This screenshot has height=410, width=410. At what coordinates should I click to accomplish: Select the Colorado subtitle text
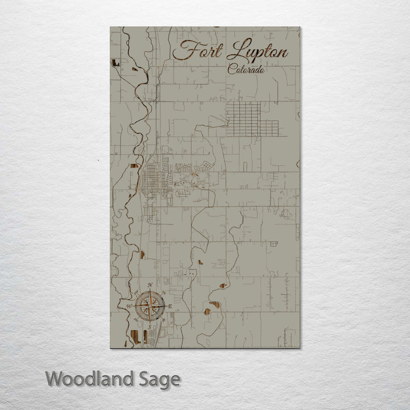(246, 70)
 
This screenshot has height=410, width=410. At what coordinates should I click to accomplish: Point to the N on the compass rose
(150, 285)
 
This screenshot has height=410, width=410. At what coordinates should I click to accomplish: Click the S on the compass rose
(150, 328)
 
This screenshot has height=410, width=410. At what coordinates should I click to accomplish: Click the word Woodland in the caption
(89, 379)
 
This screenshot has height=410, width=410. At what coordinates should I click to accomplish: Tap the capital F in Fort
(183, 50)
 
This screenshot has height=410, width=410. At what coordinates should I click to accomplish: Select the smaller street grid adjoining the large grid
(269, 128)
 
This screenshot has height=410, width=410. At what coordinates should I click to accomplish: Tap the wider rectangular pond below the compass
(135, 336)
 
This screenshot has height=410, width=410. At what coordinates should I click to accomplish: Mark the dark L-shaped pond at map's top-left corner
(116, 63)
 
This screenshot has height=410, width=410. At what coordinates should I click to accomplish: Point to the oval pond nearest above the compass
(142, 255)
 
